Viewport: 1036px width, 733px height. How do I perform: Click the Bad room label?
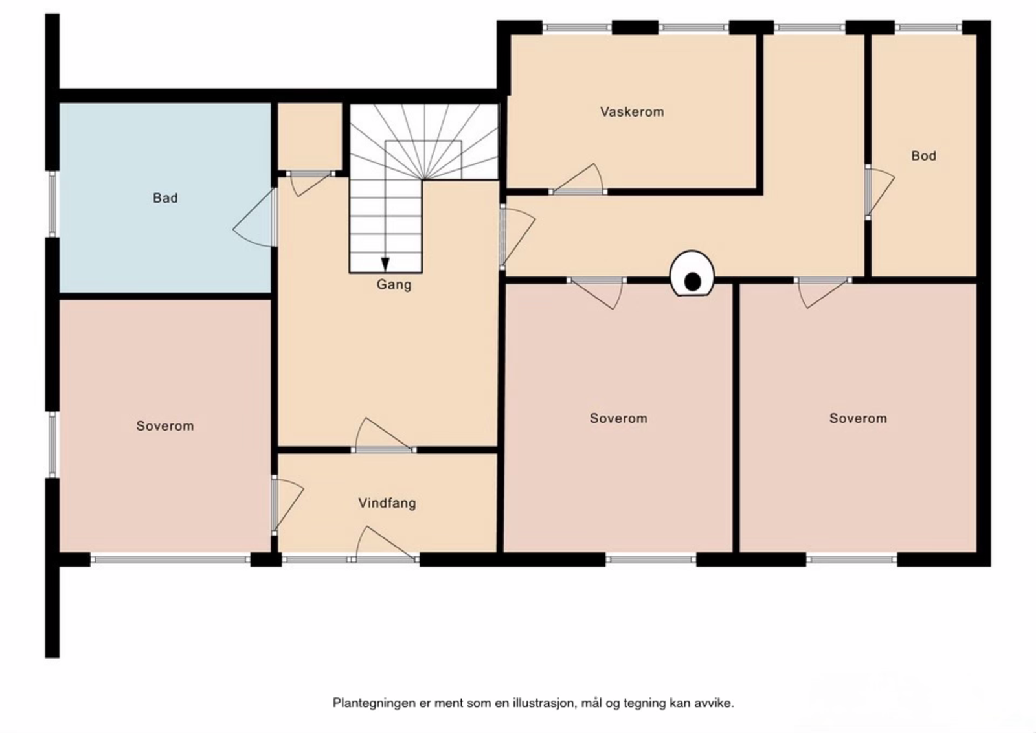tap(165, 198)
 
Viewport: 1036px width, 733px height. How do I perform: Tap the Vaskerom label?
tap(631, 112)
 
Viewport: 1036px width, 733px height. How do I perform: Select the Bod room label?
tap(923, 155)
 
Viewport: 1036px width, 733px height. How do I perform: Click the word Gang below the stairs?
tap(394, 284)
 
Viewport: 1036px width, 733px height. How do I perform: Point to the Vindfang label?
tap(387, 503)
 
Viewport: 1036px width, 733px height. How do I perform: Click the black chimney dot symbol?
tap(692, 281)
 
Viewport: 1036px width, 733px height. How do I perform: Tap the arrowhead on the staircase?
tap(385, 264)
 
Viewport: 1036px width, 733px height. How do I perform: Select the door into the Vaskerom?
tap(578, 182)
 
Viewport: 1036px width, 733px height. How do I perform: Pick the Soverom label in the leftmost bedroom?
tap(164, 426)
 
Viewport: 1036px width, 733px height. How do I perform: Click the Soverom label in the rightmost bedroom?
tap(858, 418)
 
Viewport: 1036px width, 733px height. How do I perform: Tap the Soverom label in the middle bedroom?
tap(618, 418)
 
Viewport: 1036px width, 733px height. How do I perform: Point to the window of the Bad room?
tap(53, 203)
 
